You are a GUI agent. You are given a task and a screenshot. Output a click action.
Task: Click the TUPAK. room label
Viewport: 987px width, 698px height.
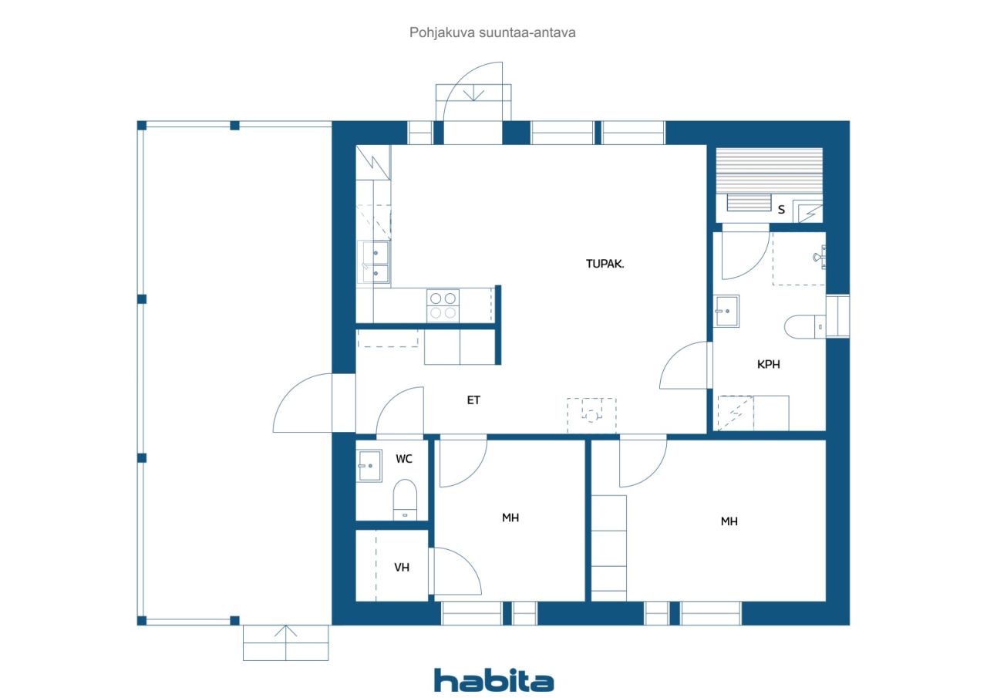605,264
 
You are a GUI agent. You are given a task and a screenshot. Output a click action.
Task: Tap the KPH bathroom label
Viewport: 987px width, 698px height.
769,364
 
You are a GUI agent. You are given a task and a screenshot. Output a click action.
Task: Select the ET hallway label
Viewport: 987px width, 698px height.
473,400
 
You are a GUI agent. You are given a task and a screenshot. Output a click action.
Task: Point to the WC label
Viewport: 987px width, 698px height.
403,459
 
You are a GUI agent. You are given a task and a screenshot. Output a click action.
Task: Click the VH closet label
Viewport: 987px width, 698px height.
402,568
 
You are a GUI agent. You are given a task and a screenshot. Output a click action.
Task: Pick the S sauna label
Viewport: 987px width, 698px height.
781,210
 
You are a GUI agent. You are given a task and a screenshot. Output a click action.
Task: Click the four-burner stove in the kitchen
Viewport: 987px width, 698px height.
443,305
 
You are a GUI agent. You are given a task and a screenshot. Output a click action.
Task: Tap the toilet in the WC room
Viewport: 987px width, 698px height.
405,500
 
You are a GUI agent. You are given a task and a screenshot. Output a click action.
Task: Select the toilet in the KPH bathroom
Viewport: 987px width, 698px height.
804,326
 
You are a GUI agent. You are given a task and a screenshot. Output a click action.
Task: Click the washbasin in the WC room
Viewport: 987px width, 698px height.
369,465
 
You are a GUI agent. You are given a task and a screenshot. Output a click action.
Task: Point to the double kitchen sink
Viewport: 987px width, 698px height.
376,262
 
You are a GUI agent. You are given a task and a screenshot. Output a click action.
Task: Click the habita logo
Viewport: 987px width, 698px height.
494,681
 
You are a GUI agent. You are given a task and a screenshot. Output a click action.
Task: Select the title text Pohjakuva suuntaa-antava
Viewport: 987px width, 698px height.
492,32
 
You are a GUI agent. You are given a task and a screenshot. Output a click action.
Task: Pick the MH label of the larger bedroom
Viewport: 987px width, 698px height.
729,521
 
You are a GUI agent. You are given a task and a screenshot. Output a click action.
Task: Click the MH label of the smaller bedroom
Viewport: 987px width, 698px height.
510,518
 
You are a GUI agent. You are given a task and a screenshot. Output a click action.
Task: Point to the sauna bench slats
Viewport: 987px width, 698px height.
769,171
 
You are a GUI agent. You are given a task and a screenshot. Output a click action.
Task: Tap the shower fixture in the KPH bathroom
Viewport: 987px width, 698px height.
820,258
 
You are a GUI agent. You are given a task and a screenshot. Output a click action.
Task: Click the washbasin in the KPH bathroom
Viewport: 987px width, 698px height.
726,311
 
